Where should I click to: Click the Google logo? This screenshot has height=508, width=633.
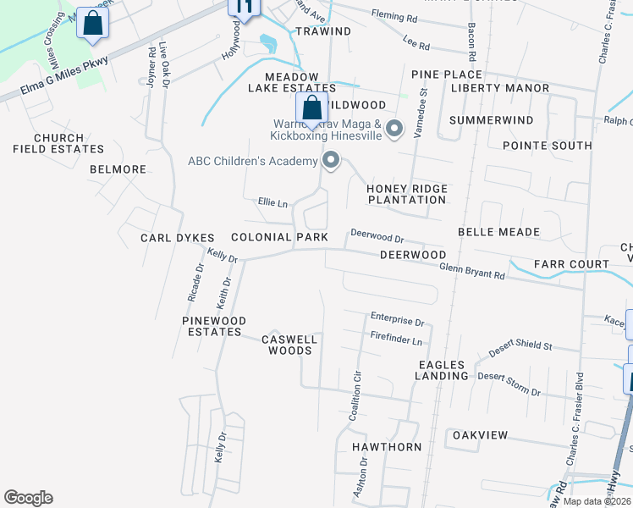pyautogui.click(x=28, y=498)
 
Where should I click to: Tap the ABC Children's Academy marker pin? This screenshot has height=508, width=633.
pyautogui.click(x=331, y=160)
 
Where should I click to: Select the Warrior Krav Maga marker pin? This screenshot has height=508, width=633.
pyautogui.click(x=394, y=130)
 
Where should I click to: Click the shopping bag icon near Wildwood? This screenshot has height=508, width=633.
pyautogui.click(x=311, y=108)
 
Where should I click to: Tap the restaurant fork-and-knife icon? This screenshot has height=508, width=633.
pyautogui.click(x=244, y=8)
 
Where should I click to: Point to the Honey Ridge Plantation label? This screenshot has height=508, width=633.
pyautogui.click(x=406, y=194)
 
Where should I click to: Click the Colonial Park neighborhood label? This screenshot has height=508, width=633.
pyautogui.click(x=279, y=238)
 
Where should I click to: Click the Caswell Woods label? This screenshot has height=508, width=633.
pyautogui.click(x=289, y=345)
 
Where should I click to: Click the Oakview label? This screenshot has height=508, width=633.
pyautogui.click(x=481, y=435)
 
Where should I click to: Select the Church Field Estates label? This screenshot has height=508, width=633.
pyautogui.click(x=58, y=143)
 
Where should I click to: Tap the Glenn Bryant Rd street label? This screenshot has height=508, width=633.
pyautogui.click(x=472, y=271)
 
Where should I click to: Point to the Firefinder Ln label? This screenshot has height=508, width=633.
pyautogui.click(x=396, y=340)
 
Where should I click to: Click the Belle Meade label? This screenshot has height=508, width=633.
pyautogui.click(x=498, y=232)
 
